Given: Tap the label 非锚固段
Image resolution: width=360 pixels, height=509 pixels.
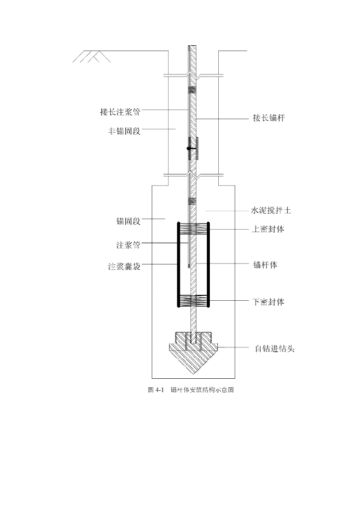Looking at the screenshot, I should (x=124, y=132).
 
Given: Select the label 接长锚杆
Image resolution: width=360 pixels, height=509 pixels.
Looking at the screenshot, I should (x=269, y=118).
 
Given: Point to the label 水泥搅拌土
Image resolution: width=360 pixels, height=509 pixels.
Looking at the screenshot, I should (x=270, y=211).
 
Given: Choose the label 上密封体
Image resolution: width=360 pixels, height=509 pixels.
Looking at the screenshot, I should (x=269, y=230).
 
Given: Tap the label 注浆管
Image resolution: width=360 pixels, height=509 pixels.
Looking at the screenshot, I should (x=128, y=245).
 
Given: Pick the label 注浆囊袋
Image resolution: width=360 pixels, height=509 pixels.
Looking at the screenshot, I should (x=124, y=266).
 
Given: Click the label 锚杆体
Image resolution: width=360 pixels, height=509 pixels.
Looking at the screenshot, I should (x=265, y=265).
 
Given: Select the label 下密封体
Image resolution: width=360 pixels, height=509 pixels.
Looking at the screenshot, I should (x=269, y=302).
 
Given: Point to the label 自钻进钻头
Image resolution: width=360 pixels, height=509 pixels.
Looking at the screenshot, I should (x=272, y=348).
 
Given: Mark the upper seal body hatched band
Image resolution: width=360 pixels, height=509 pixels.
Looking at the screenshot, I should (x=193, y=229).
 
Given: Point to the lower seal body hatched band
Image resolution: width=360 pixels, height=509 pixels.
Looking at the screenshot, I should (x=193, y=300).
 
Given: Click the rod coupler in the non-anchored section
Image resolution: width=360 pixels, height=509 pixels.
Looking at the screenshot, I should (x=193, y=148).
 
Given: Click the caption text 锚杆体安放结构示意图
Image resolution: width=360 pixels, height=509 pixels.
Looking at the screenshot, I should (x=202, y=390).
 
